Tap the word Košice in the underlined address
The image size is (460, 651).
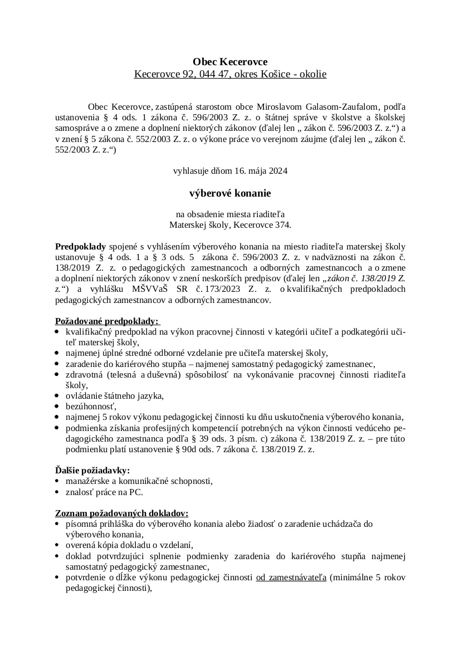(x=275, y=74)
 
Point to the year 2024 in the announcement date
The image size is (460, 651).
(x=277, y=172)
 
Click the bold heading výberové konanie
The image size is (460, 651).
(x=230, y=193)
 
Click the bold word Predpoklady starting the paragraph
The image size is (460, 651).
(x=80, y=246)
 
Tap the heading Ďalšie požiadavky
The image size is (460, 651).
(x=92, y=470)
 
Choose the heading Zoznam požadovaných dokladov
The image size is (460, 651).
(x=121, y=513)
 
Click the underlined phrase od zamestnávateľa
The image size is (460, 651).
(x=291, y=577)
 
